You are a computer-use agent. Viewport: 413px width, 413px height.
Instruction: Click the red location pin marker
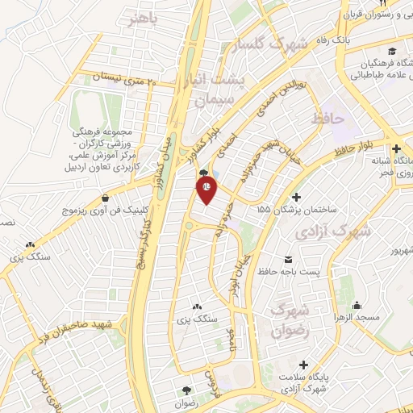pos(206,188)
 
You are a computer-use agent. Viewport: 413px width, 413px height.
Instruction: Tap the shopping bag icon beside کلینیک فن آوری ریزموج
pos(106,196)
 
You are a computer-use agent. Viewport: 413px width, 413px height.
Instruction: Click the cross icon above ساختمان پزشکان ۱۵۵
pos(297,196)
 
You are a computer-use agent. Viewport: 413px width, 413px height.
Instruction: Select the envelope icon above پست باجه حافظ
pos(288,260)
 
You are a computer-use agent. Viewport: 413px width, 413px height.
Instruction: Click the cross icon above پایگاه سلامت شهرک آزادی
pos(303,365)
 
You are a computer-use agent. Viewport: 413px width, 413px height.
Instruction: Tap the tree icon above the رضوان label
pos(187,389)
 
